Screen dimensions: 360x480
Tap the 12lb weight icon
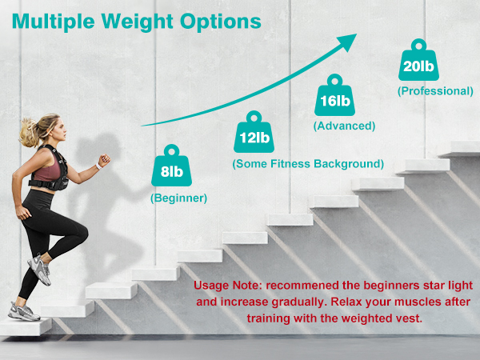coord(254,134)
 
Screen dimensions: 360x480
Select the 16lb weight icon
coord(334,98)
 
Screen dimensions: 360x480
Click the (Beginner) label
coord(179,197)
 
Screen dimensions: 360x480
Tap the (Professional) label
coord(435,90)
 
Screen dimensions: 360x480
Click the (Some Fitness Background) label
coord(308,163)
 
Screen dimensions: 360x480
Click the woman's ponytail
coord(27,128)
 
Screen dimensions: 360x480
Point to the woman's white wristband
coord(98,166)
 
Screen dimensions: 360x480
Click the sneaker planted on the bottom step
coord(22,310)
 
